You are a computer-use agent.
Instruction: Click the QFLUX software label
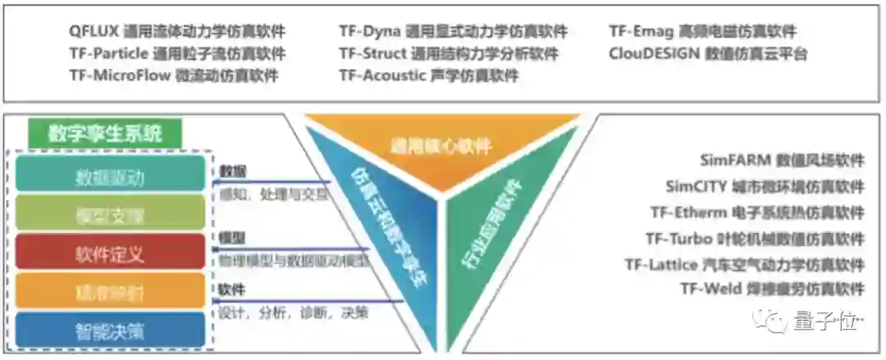coord(177,32)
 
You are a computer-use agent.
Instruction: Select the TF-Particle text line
coord(177,54)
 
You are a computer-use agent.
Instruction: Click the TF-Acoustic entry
coord(428,75)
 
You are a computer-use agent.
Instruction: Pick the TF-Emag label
coord(702,32)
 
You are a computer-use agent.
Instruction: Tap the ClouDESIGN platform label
coord(708,54)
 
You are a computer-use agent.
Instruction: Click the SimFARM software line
coord(782,159)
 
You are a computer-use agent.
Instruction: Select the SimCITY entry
coord(765,186)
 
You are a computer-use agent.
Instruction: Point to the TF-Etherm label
coord(757,212)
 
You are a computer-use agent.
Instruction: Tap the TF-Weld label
coord(772,289)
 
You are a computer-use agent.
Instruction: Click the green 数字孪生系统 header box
coord(105,133)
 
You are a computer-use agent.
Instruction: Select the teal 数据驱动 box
coord(110,175)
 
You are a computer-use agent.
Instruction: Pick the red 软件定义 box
coord(110,253)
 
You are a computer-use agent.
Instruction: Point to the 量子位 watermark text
coord(825,322)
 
